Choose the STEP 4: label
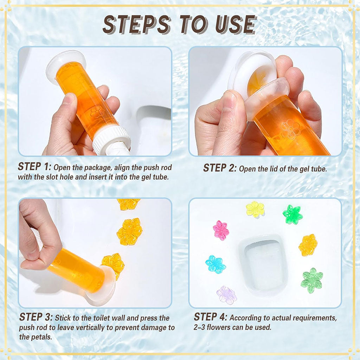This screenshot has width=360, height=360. pyautogui.click(x=210, y=317)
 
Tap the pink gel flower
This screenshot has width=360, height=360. pyautogui.click(x=221, y=230)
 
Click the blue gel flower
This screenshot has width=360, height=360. pyautogui.click(x=215, y=264)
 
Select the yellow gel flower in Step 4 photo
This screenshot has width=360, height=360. pyautogui.click(x=255, y=210)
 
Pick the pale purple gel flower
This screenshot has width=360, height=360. pyautogui.click(x=227, y=295)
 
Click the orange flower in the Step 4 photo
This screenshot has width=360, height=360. pyautogui.click(x=308, y=245)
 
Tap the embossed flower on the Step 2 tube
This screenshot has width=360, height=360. pyautogui.click(x=290, y=129)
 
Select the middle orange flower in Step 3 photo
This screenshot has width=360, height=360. pyautogui.click(x=130, y=231)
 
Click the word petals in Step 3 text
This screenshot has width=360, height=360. pyautogui.click(x=42, y=337)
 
